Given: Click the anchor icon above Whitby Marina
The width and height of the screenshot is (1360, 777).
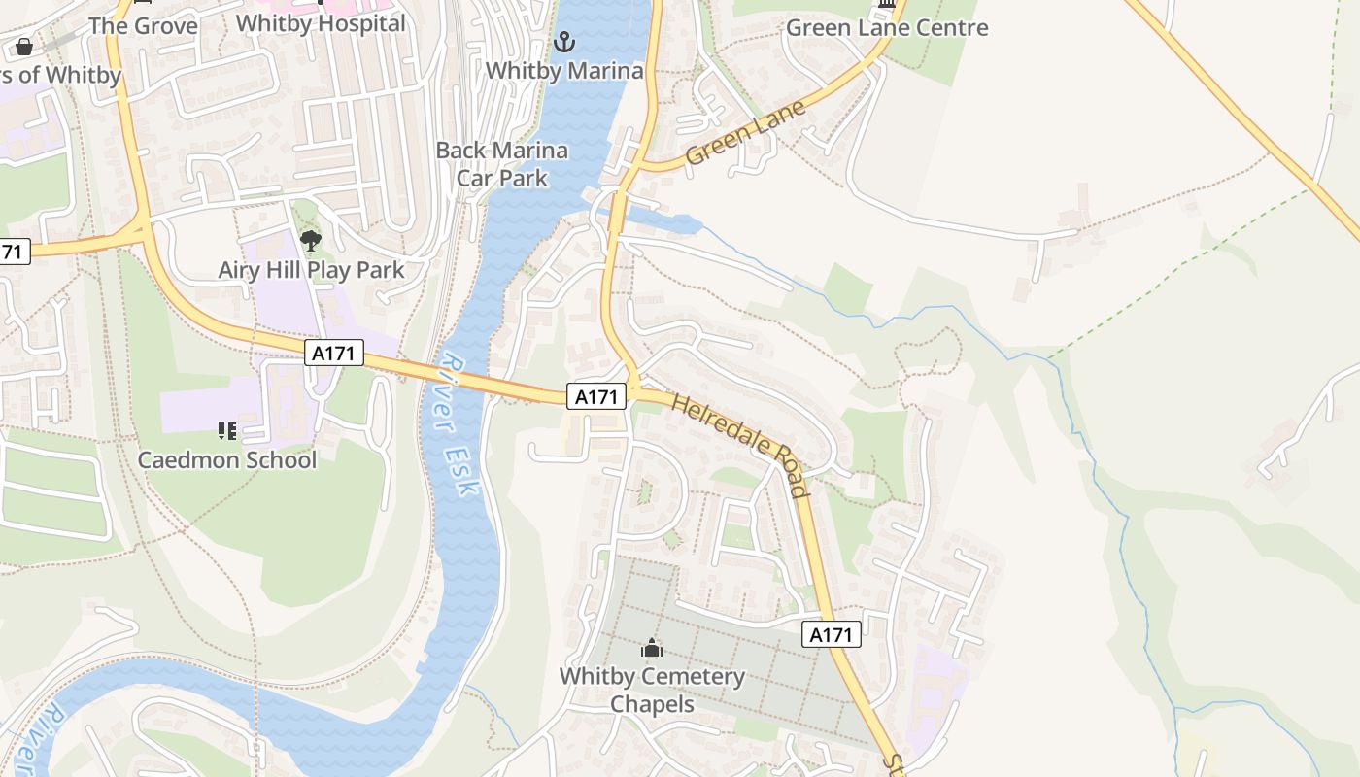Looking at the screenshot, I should click(x=563, y=42).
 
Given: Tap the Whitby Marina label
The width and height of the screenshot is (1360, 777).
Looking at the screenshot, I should click(x=563, y=71).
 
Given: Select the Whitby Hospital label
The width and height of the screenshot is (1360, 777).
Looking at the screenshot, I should click(x=321, y=23).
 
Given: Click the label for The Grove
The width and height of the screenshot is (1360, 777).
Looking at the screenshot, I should click(x=143, y=26).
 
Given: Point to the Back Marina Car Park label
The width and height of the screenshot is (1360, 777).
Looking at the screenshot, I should click(x=501, y=164).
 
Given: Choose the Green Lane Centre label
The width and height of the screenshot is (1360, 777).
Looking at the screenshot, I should click(x=886, y=28).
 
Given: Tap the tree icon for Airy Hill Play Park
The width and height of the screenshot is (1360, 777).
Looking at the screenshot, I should click(x=311, y=241).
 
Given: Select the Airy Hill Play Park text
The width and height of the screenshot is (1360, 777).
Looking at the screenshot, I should click(x=311, y=270).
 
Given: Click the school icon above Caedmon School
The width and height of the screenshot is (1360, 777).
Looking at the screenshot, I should click(x=227, y=431).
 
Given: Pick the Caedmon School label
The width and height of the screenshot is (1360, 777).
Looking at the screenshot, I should click(x=227, y=459).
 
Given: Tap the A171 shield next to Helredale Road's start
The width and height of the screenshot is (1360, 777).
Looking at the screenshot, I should click(x=595, y=396).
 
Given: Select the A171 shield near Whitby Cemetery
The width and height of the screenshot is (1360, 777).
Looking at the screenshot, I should click(x=832, y=635).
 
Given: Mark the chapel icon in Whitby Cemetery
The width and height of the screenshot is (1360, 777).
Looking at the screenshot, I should click(x=652, y=648).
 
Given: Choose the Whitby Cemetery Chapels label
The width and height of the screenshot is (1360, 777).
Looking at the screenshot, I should click(x=652, y=690).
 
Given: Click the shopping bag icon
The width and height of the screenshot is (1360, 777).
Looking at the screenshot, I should click(x=24, y=47).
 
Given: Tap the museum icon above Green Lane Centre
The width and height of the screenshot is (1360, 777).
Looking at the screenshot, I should click(x=886, y=5).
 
